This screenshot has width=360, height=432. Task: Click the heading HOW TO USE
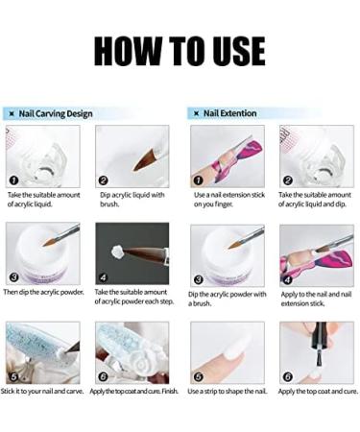coord(180,51)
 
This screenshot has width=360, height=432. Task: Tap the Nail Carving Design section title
coord(56,113)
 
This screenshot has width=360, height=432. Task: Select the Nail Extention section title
coord(230,113)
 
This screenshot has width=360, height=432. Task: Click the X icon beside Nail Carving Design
coord(12,114)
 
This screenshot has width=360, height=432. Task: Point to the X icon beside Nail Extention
coord(197,113)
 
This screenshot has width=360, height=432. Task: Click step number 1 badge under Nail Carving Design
coord(13,180)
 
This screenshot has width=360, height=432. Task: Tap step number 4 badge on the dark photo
coord(103,277)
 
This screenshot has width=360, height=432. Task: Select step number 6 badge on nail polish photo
coord(288,376)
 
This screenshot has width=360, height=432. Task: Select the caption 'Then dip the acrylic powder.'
coord(43,292)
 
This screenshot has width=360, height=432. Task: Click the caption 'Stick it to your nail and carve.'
coord(42,391)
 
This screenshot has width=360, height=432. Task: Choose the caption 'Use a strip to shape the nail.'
coord(228,391)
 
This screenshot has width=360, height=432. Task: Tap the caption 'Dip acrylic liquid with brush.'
coord(132,200)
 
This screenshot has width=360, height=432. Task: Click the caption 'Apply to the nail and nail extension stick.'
coord(316,299)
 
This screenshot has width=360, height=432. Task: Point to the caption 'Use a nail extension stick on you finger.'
coord(229,200)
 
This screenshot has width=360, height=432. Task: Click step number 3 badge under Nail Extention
coord(199,279)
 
